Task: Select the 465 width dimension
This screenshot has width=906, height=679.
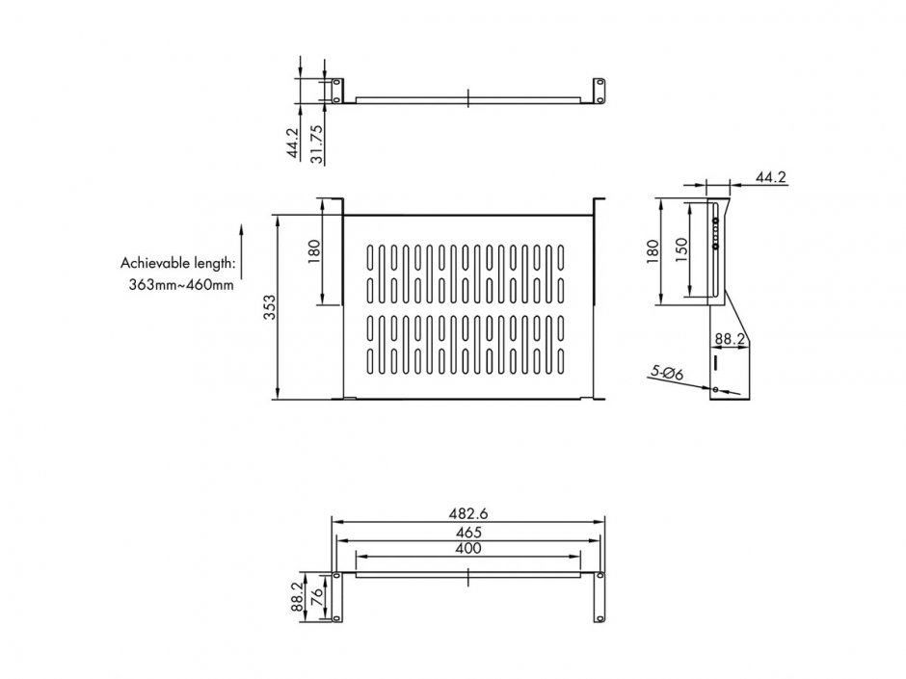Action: click(x=467, y=532)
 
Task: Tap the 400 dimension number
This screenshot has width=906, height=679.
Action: click(x=467, y=548)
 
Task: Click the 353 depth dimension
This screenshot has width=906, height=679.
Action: click(x=271, y=306)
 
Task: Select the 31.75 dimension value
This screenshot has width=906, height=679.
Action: click(x=316, y=144)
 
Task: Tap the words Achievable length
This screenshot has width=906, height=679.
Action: click(x=176, y=262)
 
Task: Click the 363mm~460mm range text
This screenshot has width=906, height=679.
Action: click(x=181, y=284)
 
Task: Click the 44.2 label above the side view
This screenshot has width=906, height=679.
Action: click(x=771, y=177)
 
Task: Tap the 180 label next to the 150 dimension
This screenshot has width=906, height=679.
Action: click(x=655, y=250)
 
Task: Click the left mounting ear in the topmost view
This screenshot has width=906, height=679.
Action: click(x=336, y=91)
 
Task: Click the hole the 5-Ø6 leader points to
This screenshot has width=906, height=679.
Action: click(x=715, y=389)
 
